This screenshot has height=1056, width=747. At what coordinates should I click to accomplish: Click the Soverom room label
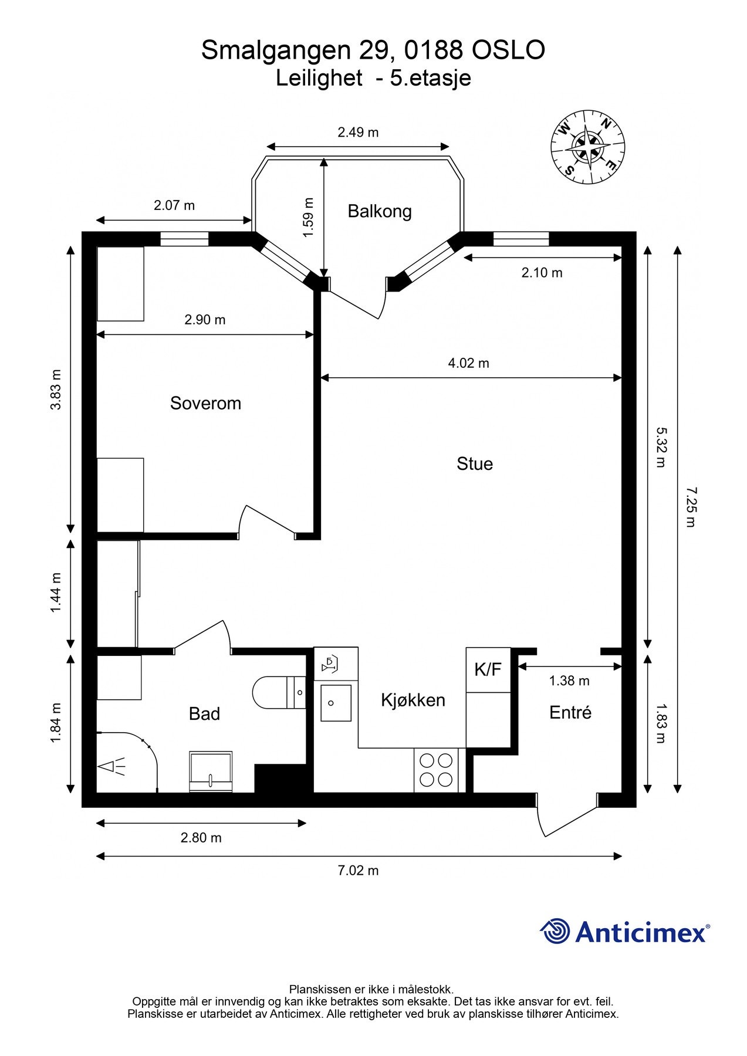[x=205, y=404]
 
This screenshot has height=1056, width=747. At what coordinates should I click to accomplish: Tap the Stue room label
[x=475, y=464]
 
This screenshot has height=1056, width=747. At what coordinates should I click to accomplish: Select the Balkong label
[x=380, y=211]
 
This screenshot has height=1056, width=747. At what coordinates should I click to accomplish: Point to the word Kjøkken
[x=413, y=700]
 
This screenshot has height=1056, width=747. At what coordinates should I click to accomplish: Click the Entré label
[x=570, y=712]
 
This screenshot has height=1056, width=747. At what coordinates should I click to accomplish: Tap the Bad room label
[x=204, y=714]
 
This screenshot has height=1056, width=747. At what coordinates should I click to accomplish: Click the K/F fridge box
[x=488, y=670]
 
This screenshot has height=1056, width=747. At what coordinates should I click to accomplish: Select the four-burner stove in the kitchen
[x=437, y=770]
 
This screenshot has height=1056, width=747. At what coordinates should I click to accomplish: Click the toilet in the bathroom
[x=279, y=692]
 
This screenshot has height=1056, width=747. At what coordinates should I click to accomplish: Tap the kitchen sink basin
[x=336, y=703]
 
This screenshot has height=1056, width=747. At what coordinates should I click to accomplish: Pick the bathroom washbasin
[x=211, y=771]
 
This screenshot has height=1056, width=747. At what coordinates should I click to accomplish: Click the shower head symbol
[x=111, y=766]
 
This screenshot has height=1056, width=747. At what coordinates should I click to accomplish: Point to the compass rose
[x=587, y=147]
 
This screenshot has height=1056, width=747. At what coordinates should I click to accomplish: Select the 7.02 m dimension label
[x=358, y=871]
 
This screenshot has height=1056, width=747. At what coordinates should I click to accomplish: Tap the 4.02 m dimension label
[x=468, y=363]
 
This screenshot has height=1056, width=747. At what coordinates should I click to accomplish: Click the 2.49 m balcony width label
[x=358, y=133]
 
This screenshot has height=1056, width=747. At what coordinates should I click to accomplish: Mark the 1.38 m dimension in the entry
[x=569, y=681]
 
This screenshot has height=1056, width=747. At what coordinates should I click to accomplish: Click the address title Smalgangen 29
[x=296, y=50]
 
